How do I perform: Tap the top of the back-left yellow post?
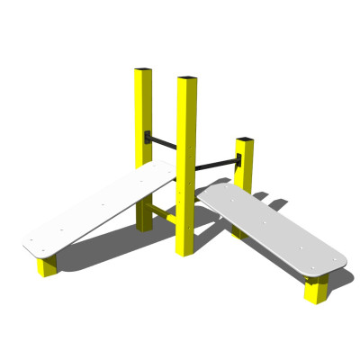pyautogui.click(x=144, y=69)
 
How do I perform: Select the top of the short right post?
pyautogui.click(x=244, y=139)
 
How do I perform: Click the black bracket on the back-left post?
pyautogui.click(x=148, y=138)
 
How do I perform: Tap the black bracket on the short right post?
pyautogui.click(x=238, y=161)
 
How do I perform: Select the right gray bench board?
pyautogui.click(x=271, y=230)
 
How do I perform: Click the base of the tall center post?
pyautogui.click(x=185, y=248)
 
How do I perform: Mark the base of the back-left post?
pyautogui.click(x=144, y=224)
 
